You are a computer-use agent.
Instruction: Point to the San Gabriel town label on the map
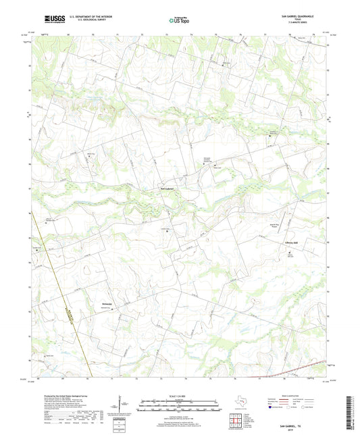point(167,187)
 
